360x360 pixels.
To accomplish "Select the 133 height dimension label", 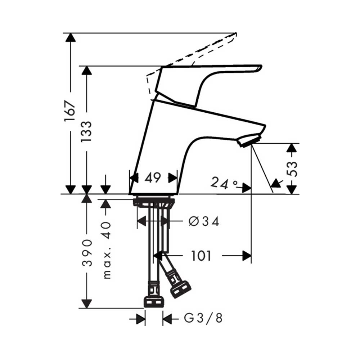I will point(86,131).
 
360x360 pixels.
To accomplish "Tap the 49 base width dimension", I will point(153,178).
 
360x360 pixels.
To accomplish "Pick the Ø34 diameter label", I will point(204,221).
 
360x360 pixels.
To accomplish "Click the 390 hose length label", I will point(86,252).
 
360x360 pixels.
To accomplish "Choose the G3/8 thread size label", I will point(203,318).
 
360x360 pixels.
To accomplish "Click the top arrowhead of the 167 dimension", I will point(70,37).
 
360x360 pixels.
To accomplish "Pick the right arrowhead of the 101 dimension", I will point(247,256).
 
